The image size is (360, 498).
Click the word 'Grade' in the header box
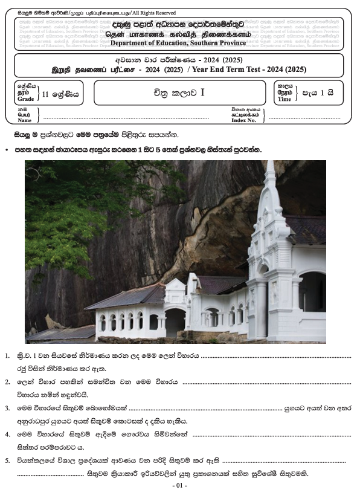(25, 99)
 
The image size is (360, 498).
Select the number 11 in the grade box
(47, 94)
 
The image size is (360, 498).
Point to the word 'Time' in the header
(284, 99)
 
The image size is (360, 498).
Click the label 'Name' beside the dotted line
(24, 120)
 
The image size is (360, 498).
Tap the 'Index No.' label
(245, 120)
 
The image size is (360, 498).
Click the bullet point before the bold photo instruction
(6, 149)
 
